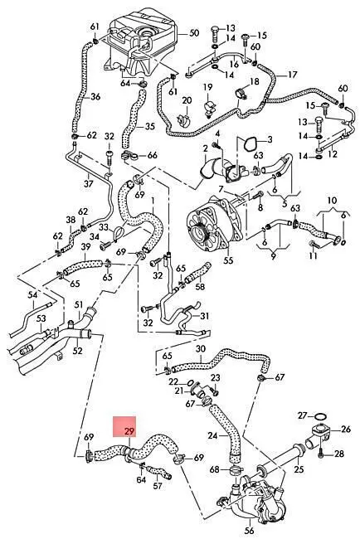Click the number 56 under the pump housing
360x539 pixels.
250,531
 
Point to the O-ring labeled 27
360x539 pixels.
320,416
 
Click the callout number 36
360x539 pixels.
95,97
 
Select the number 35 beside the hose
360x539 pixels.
149,127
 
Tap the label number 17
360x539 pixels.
292,75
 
